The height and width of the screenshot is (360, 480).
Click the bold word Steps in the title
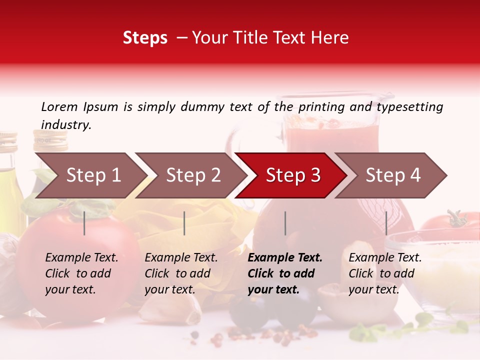(145, 38)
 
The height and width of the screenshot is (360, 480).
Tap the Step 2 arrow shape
(193, 175)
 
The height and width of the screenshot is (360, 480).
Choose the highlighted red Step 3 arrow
(293, 175)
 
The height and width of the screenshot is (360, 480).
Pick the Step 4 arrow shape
(393, 175)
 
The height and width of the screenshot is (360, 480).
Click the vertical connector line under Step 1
(84, 223)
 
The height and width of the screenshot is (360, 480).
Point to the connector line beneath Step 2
(184, 223)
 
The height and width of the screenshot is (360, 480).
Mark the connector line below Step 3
(285, 223)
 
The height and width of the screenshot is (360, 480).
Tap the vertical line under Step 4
(386, 223)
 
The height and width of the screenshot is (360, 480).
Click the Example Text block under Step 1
(81, 273)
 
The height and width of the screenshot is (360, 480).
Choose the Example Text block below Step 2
(181, 273)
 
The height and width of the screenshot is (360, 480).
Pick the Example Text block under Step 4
(385, 273)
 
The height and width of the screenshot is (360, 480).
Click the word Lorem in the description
(59, 106)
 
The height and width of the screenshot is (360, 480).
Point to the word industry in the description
(66, 125)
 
